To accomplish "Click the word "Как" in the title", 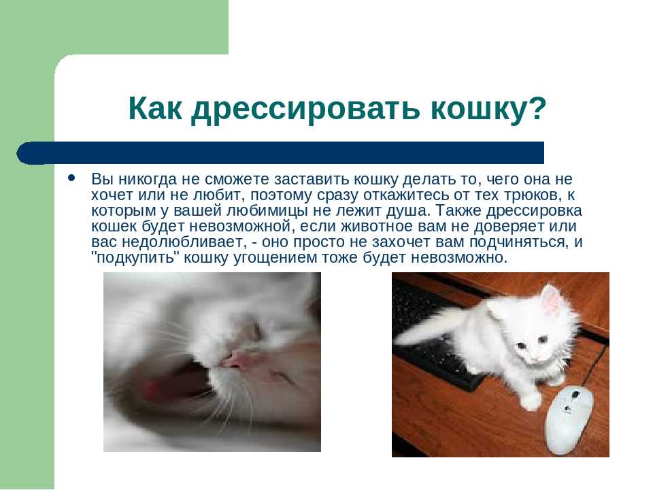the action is [155, 108].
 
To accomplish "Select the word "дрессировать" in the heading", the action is [305, 110].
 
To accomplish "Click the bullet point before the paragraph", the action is [71, 178].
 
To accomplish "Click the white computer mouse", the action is [569, 420].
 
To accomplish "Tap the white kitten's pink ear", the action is [550, 299].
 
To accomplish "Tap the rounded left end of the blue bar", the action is [21, 153].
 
